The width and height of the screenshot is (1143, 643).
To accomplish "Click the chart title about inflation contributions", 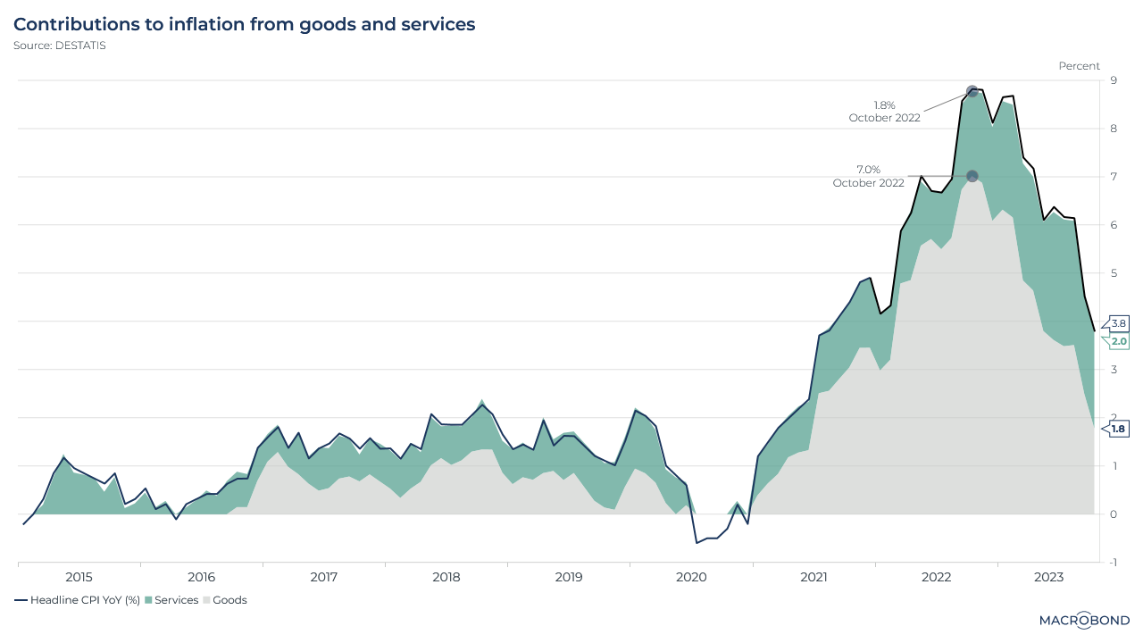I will tap(244, 24).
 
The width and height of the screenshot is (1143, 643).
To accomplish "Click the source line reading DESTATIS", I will tap(59, 46).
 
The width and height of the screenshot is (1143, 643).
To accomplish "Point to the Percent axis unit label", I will tap(1079, 66).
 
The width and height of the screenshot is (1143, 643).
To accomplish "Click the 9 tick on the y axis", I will tap(1113, 80).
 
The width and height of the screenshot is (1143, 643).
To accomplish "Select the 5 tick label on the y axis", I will tap(1113, 273).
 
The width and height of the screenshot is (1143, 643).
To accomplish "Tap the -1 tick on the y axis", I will tap(1112, 563).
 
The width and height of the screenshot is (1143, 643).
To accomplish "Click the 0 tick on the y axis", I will tap(1113, 514).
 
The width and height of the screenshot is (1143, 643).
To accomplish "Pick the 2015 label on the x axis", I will tap(79, 577).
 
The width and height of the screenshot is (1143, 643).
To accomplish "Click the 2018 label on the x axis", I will tap(446, 577).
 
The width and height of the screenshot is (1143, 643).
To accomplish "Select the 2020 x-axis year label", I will tap(691, 577).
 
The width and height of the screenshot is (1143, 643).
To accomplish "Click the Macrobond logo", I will tap(1084, 620).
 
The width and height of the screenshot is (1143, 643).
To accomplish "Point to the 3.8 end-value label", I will tap(1119, 323).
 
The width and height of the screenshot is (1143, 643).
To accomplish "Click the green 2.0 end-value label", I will tap(1119, 341).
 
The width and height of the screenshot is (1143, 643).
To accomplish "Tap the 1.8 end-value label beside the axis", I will tap(1119, 429).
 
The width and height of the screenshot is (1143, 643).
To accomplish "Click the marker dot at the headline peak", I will tap(972, 91).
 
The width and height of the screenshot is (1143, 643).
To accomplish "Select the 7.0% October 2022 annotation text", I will tap(868, 176).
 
